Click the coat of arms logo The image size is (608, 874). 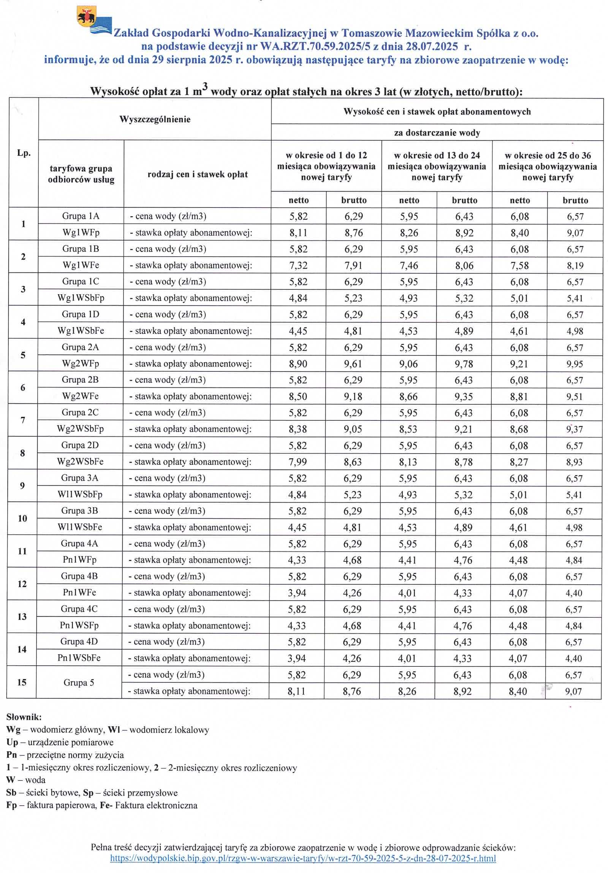pyautogui.click(x=87, y=16)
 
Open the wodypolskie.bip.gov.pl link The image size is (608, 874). pyautogui.click(x=303, y=858)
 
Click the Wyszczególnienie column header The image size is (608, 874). pyautogui.click(x=155, y=119)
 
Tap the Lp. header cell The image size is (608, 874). pyautogui.click(x=24, y=153)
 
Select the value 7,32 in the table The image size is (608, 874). pyautogui.click(x=298, y=265)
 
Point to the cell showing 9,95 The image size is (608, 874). pyautogui.click(x=575, y=364)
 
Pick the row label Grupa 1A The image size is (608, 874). pyautogui.click(x=81, y=216)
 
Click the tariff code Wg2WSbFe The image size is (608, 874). pyautogui.click(x=80, y=462)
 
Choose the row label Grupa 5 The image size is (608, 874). pyautogui.click(x=79, y=682)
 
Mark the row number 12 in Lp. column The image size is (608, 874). pyautogui.click(x=22, y=584)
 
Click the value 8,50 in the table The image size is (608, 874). pyautogui.click(x=298, y=396)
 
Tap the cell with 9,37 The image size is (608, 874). pyautogui.click(x=574, y=429)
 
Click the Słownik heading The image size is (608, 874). pyautogui.click(x=24, y=717)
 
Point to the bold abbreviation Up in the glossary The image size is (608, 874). pyautogui.click(x=12, y=742)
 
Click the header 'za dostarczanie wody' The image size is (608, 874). pyautogui.click(x=437, y=133)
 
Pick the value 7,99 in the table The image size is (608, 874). pyautogui.click(x=298, y=462)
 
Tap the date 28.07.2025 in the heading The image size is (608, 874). pyautogui.click(x=432, y=47)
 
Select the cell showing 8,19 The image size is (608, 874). pyautogui.click(x=575, y=266)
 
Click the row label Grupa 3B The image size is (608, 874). pyautogui.click(x=79, y=511)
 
